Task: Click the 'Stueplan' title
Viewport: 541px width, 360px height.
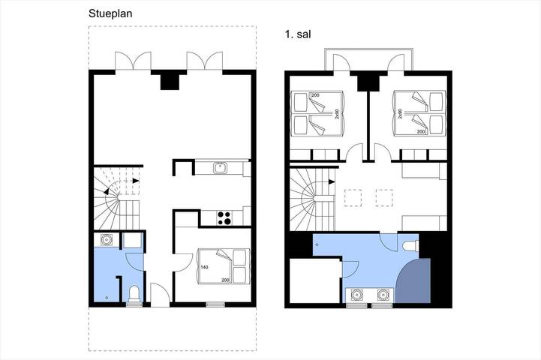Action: tap(111, 13)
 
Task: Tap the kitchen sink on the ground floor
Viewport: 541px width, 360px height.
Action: tap(220, 168)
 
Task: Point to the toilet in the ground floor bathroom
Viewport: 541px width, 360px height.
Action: tap(134, 293)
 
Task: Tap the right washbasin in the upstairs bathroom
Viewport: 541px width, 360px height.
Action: tap(383, 295)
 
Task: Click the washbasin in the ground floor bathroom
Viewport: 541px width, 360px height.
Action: tap(106, 240)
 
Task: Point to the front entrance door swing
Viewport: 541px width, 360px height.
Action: tap(160, 293)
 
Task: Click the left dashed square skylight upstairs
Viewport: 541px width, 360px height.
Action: tap(350, 197)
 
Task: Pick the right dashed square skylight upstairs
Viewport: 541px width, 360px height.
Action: tap(383, 197)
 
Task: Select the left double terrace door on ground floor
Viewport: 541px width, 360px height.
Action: tap(134, 61)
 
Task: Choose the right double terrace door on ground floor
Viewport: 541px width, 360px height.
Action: tap(205, 61)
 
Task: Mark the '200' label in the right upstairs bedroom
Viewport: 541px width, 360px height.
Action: tap(420, 131)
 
